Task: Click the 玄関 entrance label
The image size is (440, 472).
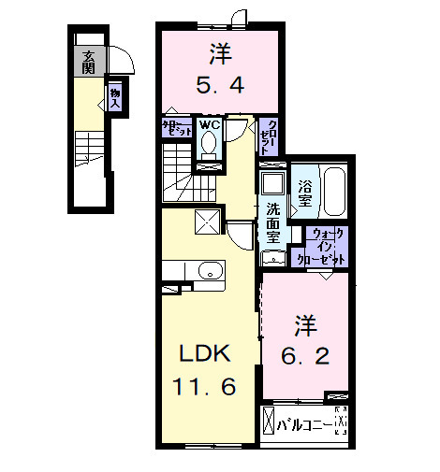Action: point(88,62)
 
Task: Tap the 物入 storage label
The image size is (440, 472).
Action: point(114,97)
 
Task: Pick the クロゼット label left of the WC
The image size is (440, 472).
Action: point(177,129)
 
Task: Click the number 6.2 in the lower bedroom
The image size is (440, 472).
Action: point(306,355)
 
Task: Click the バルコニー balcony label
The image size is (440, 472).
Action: point(304,425)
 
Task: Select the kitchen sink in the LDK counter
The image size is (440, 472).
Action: point(209,271)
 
